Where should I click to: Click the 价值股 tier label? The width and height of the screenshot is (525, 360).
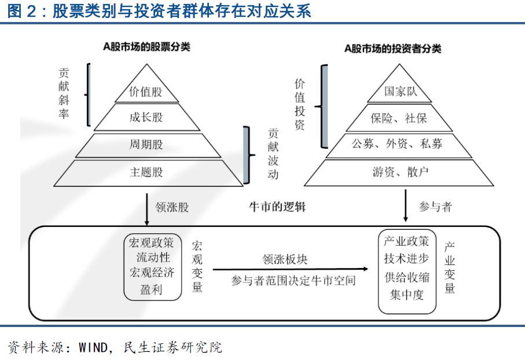click(x=146, y=91)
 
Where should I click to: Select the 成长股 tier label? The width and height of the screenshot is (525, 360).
click(x=146, y=117)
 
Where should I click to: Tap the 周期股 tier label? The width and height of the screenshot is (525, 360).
click(x=146, y=144)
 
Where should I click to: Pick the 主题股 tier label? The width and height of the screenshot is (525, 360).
click(x=146, y=172)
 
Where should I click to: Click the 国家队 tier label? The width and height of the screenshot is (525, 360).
click(x=401, y=91)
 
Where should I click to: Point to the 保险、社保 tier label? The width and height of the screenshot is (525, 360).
click(x=398, y=118)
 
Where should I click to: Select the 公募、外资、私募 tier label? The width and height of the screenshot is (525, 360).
click(x=396, y=144)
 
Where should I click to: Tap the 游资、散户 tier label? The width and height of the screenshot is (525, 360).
click(x=400, y=172)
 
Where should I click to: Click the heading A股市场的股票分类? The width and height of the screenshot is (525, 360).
click(x=146, y=46)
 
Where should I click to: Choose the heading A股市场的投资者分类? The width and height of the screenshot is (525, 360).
click(x=393, y=49)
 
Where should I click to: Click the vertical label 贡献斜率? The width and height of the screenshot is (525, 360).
click(x=64, y=93)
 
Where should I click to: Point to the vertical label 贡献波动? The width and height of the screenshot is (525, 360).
click(x=273, y=154)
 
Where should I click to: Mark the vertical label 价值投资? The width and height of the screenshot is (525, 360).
click(x=300, y=104)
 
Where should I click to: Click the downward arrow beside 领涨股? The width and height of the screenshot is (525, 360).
click(x=146, y=210)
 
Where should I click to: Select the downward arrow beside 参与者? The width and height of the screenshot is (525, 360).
click(x=405, y=205)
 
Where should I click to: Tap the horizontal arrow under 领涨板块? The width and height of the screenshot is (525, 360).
click(x=291, y=269)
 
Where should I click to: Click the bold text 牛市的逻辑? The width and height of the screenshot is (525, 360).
click(x=277, y=207)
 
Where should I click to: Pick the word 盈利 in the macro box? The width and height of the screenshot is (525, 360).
click(x=151, y=289)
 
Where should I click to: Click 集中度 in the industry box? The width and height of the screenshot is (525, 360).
click(x=406, y=295)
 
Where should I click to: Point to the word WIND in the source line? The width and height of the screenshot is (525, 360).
click(x=93, y=347)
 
